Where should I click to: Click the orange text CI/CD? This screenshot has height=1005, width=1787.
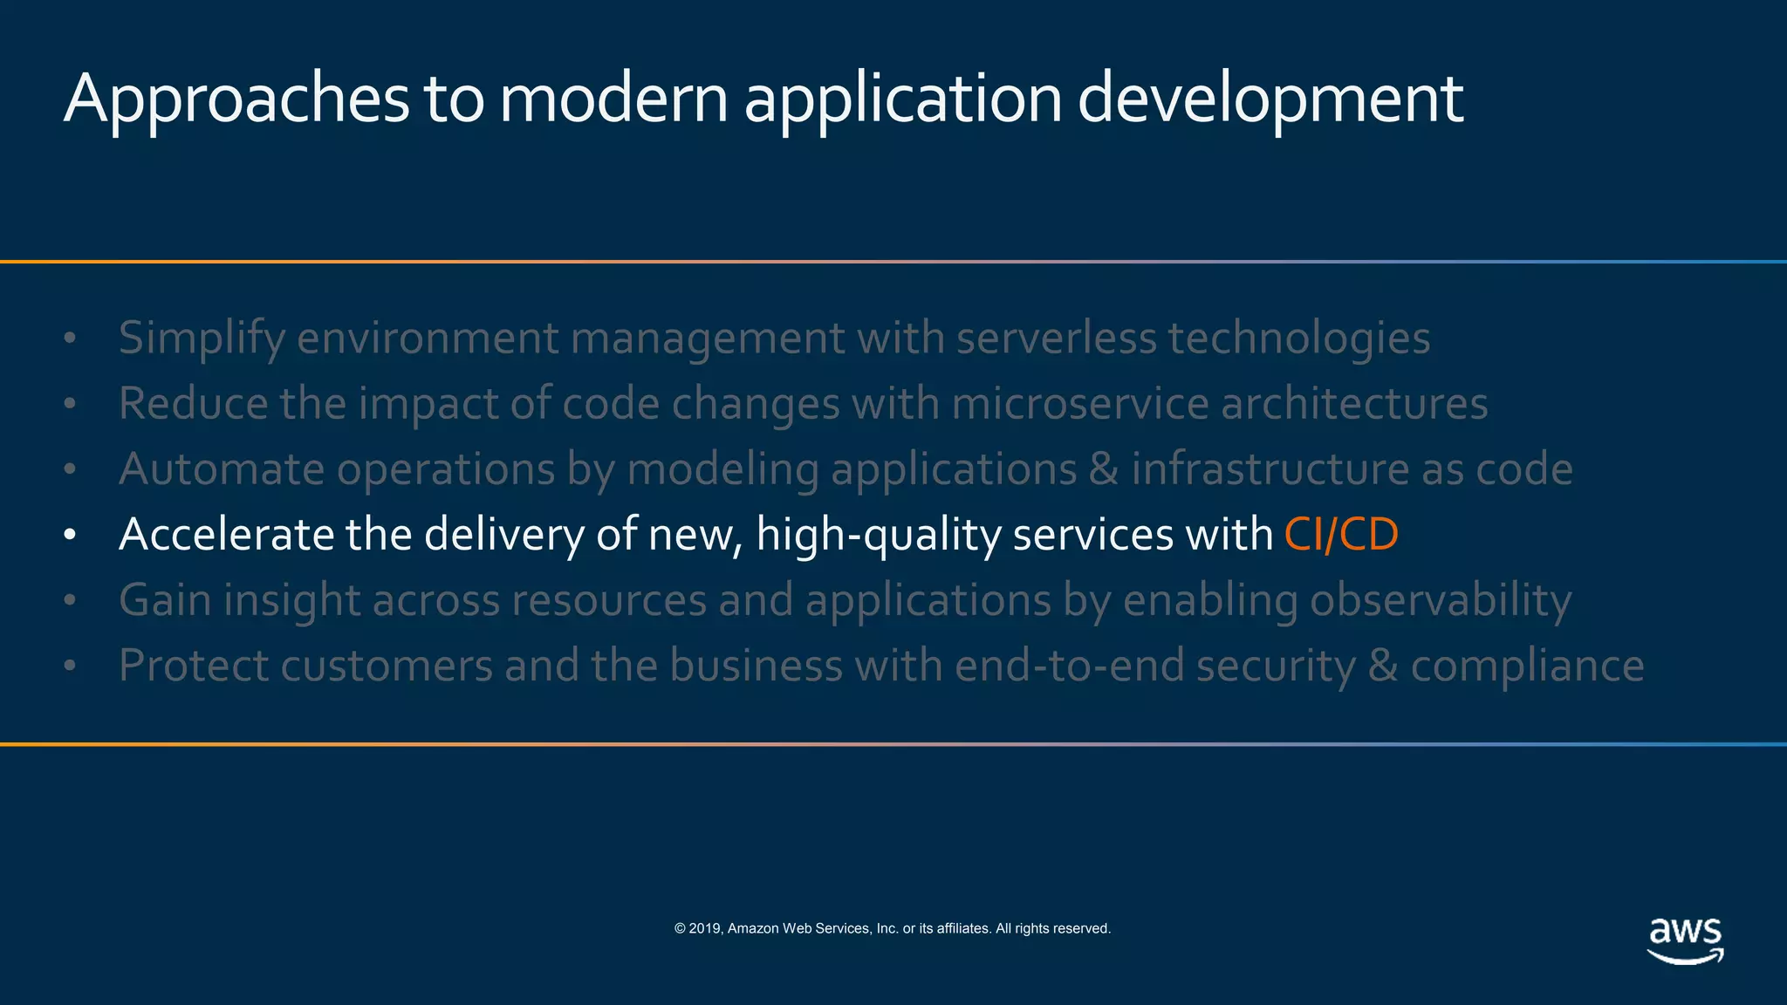coord(1341,535)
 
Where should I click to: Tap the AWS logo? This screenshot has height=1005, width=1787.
coord(1685,940)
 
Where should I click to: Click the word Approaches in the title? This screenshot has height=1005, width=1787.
coord(236,100)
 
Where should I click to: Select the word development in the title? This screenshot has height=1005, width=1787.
coord(1270,100)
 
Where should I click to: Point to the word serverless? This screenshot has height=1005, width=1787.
coord(1056,338)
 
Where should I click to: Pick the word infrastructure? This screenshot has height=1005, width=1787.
coord(1270,469)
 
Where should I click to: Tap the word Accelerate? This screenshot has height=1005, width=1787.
coord(226,535)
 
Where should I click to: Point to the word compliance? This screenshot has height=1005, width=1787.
coord(1527,667)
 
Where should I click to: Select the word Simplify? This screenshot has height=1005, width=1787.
coord(202,338)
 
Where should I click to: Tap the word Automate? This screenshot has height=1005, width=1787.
coord(222,469)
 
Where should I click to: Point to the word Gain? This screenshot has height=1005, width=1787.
coord(165,600)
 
